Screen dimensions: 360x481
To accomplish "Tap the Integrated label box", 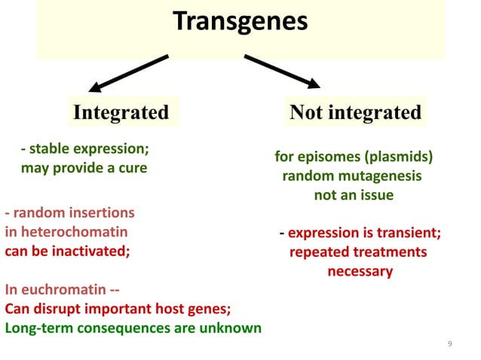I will pos(121,113).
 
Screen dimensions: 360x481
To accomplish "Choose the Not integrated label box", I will pos(355,113).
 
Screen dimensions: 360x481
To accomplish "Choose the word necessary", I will pos(360,271).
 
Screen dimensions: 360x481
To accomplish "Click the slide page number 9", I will pos(449,345).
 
